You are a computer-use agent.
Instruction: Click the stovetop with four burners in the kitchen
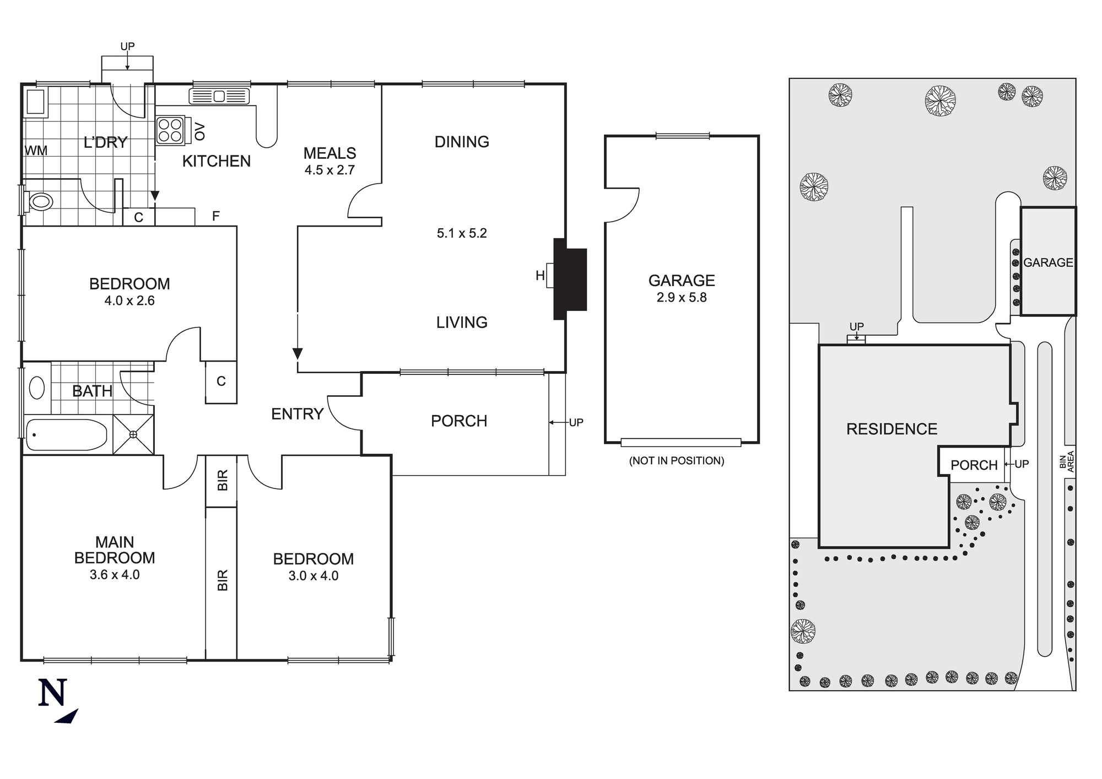click(x=170, y=130)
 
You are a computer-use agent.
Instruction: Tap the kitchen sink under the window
click(x=219, y=96)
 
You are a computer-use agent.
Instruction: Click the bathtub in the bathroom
click(x=66, y=435)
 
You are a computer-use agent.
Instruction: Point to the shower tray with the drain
click(x=133, y=434)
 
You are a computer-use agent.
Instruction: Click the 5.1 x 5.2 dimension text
click(x=462, y=233)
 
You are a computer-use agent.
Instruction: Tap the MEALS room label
click(x=329, y=153)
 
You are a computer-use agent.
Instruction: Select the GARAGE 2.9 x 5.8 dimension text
click(x=682, y=298)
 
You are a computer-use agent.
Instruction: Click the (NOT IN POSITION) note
click(x=677, y=460)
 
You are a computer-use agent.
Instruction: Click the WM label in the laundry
click(x=36, y=151)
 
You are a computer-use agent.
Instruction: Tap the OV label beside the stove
click(x=200, y=131)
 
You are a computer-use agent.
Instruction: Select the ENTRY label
click(x=297, y=414)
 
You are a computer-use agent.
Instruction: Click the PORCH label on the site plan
click(x=974, y=465)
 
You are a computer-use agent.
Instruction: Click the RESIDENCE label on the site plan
click(x=892, y=429)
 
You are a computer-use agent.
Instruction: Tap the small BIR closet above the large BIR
click(x=222, y=480)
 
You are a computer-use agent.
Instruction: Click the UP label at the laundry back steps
click(x=127, y=46)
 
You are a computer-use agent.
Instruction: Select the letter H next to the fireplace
click(x=540, y=276)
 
